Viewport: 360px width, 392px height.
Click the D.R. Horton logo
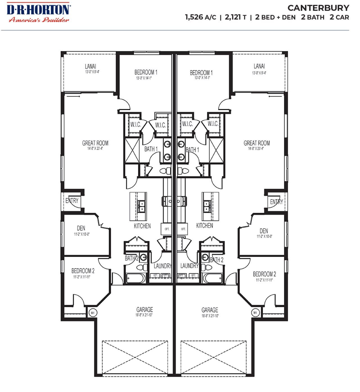(38, 13)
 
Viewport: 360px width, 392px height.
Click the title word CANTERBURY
(318, 8)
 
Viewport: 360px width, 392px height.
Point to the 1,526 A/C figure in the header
(200, 17)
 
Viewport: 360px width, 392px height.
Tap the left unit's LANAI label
(91, 66)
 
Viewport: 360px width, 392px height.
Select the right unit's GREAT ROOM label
(256, 143)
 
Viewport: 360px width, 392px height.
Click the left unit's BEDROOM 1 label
(146, 72)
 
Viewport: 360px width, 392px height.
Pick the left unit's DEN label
(81, 228)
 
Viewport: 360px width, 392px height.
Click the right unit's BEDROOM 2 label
(264, 274)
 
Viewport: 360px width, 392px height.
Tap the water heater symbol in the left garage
(93, 313)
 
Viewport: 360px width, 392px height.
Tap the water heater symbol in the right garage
(255, 313)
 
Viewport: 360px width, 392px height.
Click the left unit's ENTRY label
(72, 201)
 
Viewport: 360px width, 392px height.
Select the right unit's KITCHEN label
(204, 226)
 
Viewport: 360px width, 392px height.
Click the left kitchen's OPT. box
(167, 229)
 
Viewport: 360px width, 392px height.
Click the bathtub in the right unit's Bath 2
(212, 278)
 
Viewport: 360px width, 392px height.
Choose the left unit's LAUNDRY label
(163, 266)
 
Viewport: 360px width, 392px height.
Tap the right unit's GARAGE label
(210, 310)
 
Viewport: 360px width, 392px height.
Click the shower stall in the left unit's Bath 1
(132, 150)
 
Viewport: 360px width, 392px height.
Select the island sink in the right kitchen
(207, 206)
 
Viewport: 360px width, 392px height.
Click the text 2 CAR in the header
(339, 17)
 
